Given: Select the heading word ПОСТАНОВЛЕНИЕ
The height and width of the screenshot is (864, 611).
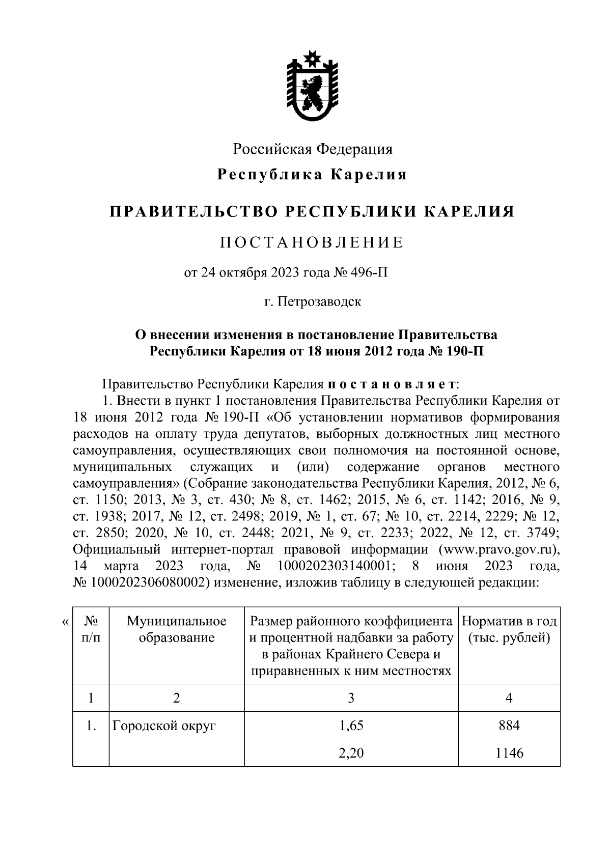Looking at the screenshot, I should pos(312,243).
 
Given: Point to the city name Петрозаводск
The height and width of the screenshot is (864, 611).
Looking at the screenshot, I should pos(319,301).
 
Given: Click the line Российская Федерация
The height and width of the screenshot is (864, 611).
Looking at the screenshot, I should pos(313,149).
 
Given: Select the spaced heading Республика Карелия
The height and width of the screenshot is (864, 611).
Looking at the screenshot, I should pos(312,175).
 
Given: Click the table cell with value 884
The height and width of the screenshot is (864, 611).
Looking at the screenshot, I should pos(509,726).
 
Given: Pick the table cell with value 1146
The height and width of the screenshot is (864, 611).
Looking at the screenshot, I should pos(509,752).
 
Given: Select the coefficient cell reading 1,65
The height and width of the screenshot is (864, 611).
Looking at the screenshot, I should pos(351,726).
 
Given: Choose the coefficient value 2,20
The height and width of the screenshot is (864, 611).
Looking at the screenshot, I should pos(351,752).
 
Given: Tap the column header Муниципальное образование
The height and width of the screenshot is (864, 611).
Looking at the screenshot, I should pos(176,629).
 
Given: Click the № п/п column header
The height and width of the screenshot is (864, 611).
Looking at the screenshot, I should pos(91,629).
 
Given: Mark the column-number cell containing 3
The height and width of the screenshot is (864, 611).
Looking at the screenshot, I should pos(351,698).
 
